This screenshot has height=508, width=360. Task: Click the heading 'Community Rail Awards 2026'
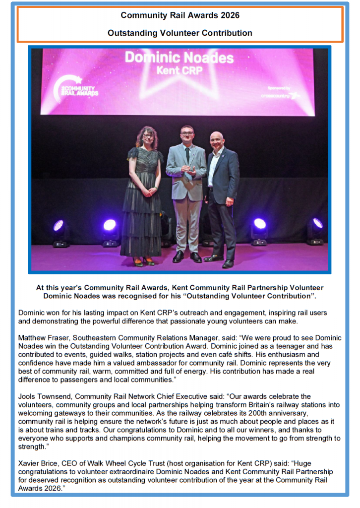(180, 15)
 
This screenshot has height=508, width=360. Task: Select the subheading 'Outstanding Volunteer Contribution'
(180, 33)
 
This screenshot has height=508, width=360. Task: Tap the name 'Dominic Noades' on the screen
(179, 58)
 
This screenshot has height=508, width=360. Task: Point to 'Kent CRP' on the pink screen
(180, 71)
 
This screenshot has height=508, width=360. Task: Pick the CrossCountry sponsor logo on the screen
(281, 94)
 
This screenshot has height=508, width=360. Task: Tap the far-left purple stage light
(60, 226)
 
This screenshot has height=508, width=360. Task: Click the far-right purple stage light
(317, 224)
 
